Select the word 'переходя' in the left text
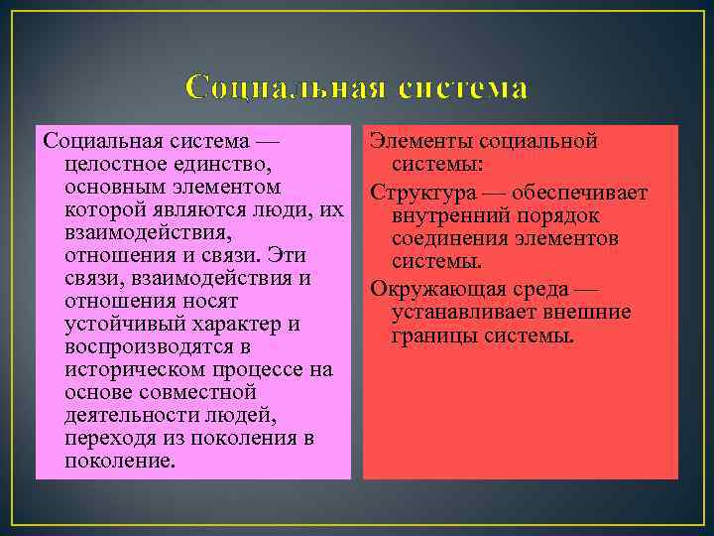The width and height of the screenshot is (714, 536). [107, 439]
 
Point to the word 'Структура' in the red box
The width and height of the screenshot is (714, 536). [417, 191]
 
